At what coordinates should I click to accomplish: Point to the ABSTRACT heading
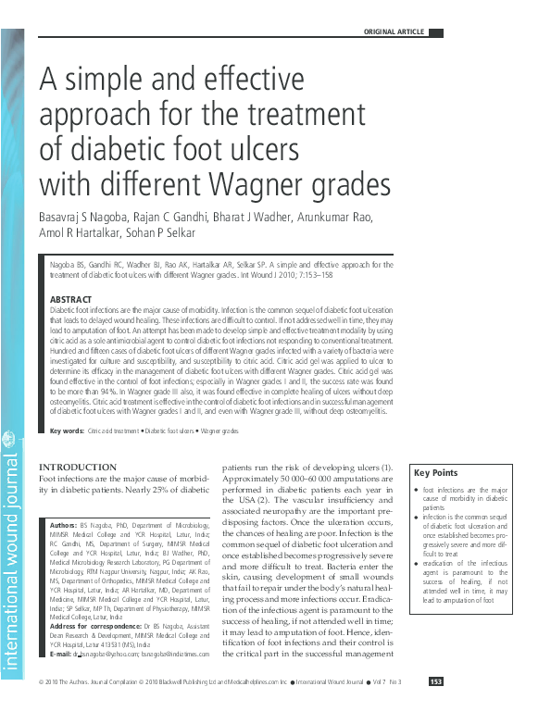70,299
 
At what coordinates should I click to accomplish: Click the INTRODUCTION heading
78,467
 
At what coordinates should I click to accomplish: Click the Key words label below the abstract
67,431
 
